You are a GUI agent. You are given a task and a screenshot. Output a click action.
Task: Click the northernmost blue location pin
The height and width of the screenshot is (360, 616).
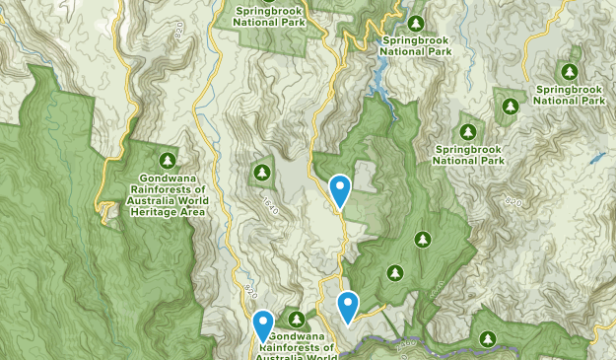click(x=340, y=190)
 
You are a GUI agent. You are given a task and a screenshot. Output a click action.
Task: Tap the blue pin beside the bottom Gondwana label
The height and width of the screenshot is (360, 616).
click(x=263, y=324)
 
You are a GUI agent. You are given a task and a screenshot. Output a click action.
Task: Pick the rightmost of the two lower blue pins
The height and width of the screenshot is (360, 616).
click(x=347, y=306)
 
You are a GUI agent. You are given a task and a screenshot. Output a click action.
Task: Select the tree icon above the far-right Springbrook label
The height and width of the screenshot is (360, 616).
click(x=569, y=71)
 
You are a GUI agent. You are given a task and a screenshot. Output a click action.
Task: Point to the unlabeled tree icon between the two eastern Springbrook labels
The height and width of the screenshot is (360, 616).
click(x=508, y=105)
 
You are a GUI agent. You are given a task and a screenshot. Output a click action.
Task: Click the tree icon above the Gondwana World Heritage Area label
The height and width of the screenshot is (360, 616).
click(x=167, y=160)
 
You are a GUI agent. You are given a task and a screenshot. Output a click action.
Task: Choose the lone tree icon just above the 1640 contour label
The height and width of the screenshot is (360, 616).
click(x=261, y=173)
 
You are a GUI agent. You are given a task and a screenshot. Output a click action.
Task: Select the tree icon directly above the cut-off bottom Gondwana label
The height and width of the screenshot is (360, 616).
click(x=296, y=320)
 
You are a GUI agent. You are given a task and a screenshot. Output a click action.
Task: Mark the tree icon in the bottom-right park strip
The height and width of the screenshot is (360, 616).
click(x=487, y=338)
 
